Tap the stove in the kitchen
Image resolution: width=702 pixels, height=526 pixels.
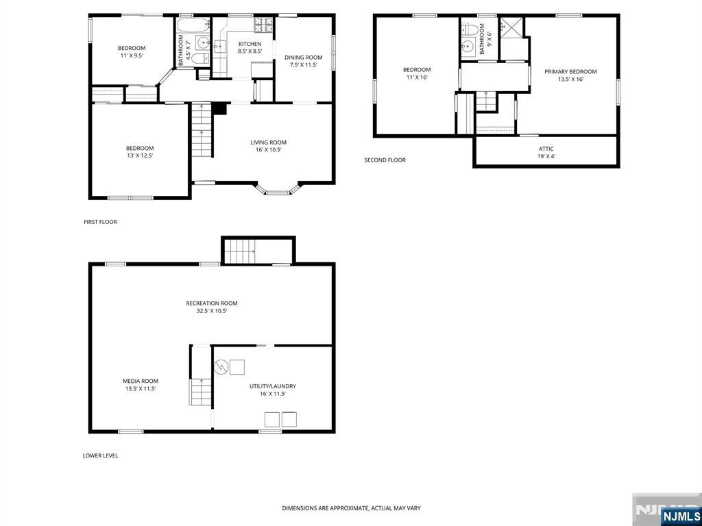[x=263, y=25]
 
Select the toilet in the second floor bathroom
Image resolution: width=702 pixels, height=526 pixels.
[x=469, y=30]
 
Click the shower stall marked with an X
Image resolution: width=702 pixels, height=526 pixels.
[x=511, y=27]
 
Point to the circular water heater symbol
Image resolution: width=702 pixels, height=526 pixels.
[x=221, y=367]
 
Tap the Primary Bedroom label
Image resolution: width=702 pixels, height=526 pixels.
[x=570, y=71]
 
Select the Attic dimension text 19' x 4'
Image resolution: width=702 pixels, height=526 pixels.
[x=546, y=156]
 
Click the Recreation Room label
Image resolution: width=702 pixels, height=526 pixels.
[x=212, y=303]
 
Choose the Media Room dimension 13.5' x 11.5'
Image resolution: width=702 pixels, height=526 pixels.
[x=141, y=389]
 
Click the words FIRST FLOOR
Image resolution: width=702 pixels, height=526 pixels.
[x=100, y=222]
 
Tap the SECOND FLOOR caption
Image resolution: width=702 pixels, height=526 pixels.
[x=385, y=160]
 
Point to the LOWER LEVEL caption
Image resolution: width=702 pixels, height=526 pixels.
[x=100, y=455]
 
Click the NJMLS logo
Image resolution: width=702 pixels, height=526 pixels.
[x=680, y=516]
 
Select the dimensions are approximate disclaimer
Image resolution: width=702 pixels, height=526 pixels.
[x=351, y=508]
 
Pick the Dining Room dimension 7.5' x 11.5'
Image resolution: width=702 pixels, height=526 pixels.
[x=304, y=65]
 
